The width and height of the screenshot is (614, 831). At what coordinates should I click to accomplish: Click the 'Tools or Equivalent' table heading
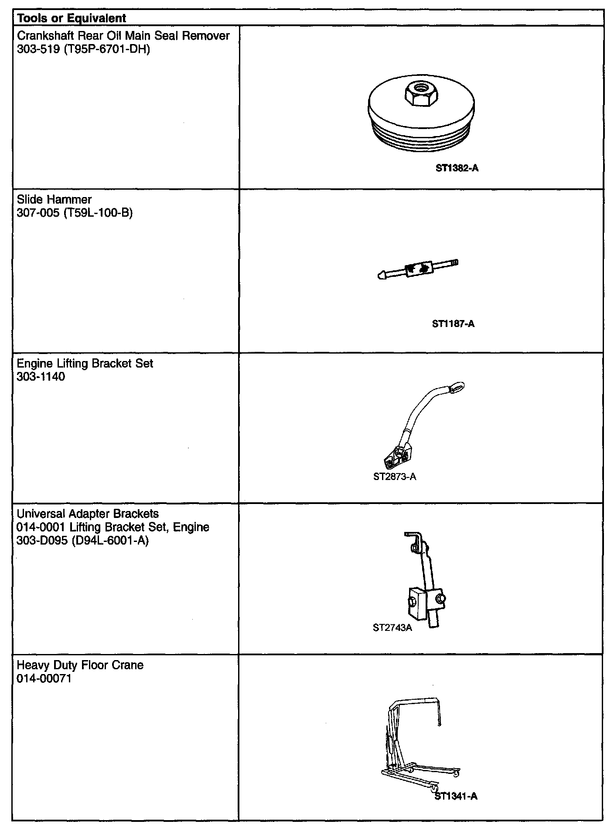point(71,18)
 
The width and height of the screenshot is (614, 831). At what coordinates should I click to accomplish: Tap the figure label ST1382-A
point(457,168)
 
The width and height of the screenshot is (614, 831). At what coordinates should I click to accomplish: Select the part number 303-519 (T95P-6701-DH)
point(83,49)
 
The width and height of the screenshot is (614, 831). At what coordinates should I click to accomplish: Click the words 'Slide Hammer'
point(54,200)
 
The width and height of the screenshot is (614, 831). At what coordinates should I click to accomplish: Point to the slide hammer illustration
point(418,269)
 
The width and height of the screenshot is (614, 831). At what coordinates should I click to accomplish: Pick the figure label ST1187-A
point(453,324)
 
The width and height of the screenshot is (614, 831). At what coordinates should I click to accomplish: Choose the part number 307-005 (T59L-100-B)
point(75,213)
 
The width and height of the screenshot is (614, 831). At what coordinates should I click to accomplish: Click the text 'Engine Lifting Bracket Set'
point(85,364)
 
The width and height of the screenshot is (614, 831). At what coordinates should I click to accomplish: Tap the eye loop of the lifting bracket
point(456,387)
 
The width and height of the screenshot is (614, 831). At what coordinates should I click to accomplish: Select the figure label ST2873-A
point(395,477)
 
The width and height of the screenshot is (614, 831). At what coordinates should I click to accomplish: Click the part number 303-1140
point(41,377)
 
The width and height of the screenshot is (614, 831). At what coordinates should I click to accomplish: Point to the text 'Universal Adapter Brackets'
point(88,514)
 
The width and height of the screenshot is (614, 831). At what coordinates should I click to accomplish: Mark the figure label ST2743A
point(392,628)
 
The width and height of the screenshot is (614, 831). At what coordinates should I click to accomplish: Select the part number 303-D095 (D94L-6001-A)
point(83,541)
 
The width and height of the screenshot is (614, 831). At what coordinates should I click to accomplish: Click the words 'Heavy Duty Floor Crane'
point(80,665)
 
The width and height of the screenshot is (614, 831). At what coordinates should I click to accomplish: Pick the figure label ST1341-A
point(456,797)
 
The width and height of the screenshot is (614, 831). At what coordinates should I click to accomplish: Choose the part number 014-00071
point(44,679)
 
